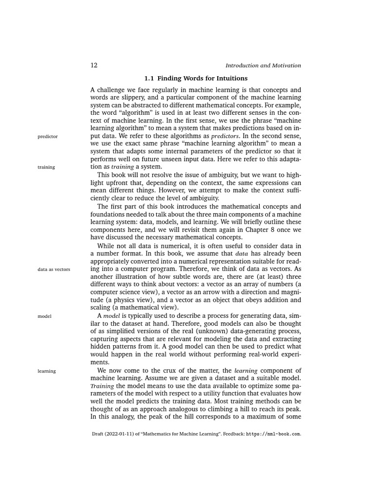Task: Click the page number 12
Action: [94, 65]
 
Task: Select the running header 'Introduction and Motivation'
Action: [263, 65]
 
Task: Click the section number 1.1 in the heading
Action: [149, 78]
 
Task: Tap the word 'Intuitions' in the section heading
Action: [231, 78]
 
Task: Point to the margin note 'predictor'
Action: [47, 136]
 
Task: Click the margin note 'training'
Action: [46, 167]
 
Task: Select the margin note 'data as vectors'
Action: [54, 269]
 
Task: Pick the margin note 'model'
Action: [44, 316]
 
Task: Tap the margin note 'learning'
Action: [46, 371]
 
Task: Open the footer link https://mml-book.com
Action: [273, 433]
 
